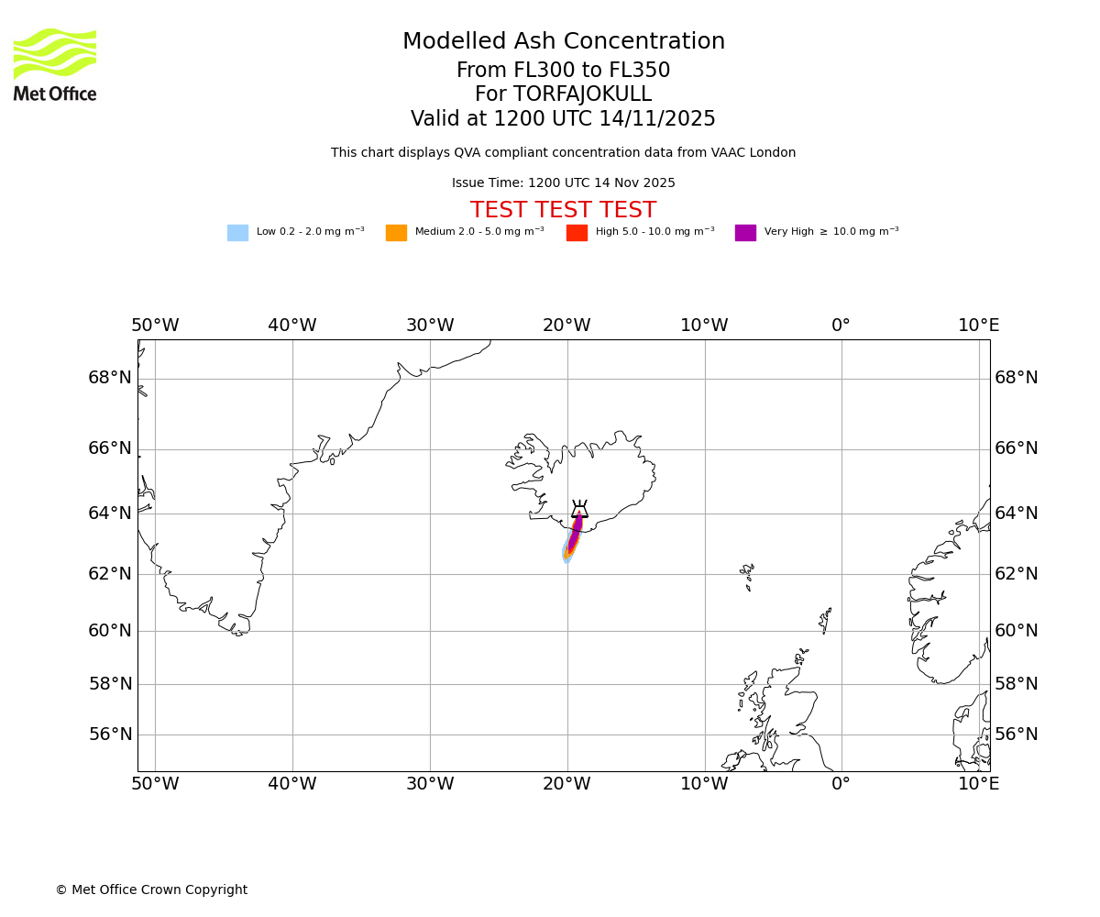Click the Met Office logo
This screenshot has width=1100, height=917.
[x=55, y=64]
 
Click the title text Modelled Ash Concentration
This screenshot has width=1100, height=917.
[x=563, y=42]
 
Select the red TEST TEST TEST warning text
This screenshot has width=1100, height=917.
[x=563, y=211]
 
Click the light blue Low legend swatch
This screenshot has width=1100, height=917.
[x=237, y=233]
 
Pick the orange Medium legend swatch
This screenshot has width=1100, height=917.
[x=396, y=233]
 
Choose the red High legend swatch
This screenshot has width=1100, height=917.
[x=577, y=233]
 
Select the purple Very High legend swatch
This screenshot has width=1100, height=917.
[x=745, y=233]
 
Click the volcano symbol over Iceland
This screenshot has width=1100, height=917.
[x=579, y=510]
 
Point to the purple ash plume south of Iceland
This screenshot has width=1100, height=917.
[x=575, y=533]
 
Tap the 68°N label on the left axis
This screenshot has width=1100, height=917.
[x=110, y=378]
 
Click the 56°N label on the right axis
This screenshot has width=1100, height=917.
[x=1017, y=735]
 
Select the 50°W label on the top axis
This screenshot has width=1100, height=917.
[x=155, y=326]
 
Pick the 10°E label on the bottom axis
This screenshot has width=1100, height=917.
[x=978, y=784]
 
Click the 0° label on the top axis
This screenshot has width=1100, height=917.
[x=841, y=326]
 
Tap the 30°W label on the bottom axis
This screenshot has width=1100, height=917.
[x=430, y=784]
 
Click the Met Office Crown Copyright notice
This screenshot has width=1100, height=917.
[x=151, y=890]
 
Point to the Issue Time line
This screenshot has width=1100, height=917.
[x=563, y=183]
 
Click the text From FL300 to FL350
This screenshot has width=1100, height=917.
[x=563, y=71]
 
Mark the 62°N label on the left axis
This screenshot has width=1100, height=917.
[x=110, y=573]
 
